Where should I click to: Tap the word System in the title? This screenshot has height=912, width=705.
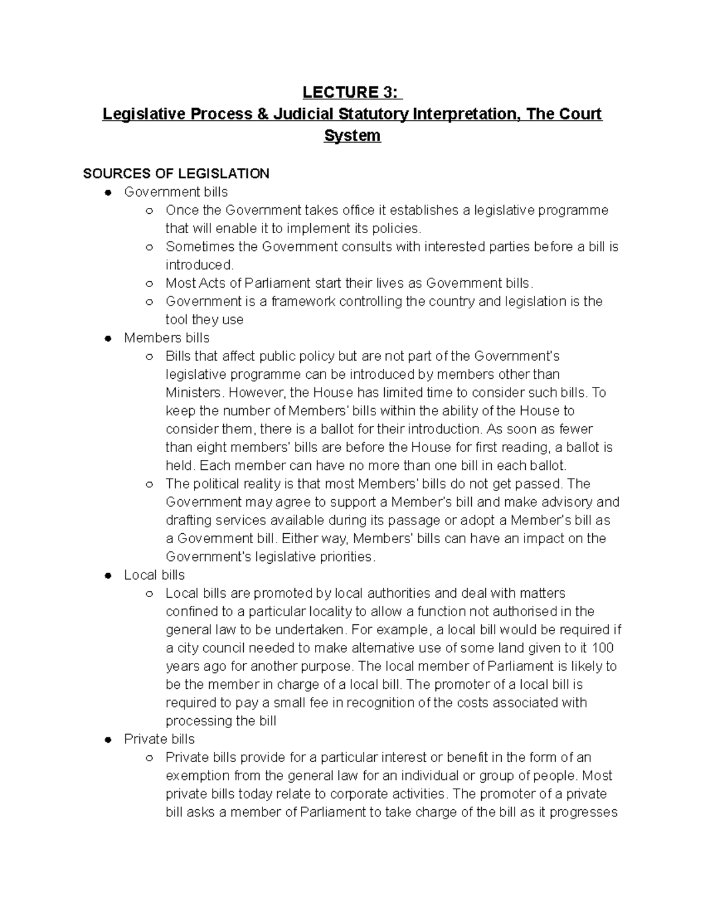click(x=352, y=136)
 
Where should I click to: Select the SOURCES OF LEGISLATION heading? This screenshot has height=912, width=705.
click(x=176, y=174)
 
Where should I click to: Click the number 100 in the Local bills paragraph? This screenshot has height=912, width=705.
click(x=603, y=648)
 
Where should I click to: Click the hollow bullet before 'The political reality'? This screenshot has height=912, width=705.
click(x=149, y=484)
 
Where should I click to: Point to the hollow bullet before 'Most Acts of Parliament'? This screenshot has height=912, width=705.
click(x=149, y=284)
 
